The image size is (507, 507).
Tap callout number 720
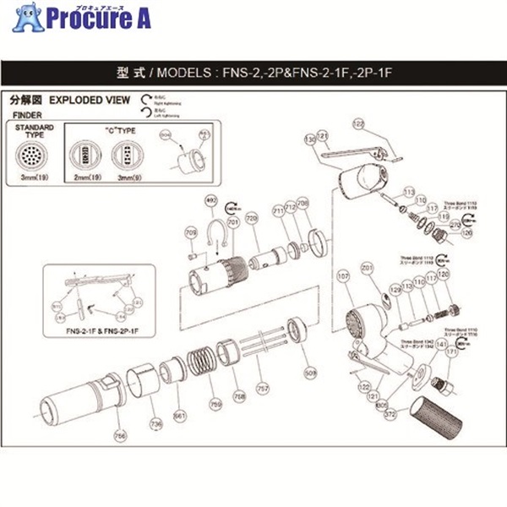pos(251,218)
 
